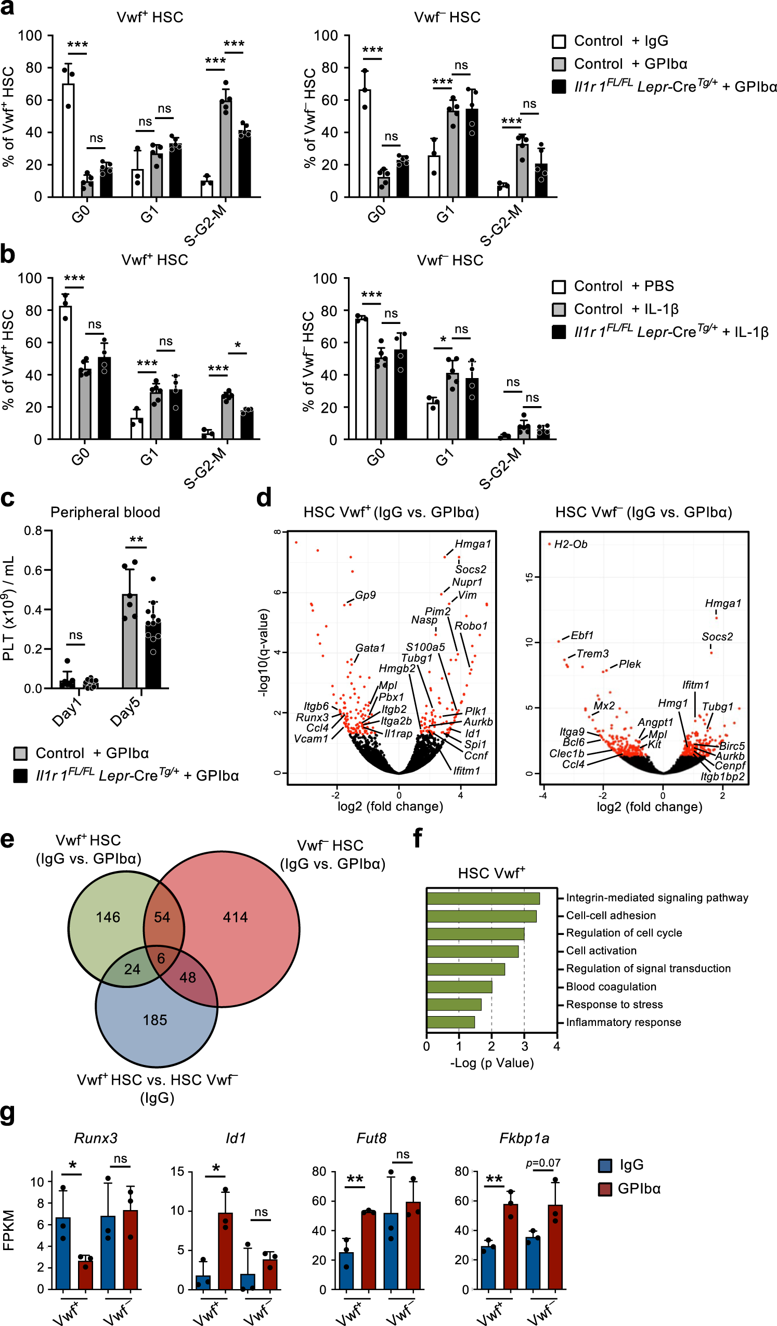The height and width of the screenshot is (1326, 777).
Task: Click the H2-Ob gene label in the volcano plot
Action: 570,544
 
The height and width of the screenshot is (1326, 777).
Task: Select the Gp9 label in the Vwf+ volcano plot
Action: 365,594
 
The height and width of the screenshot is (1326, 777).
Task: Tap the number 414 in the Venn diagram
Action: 235,917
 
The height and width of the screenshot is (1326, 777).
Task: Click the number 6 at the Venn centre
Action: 161,958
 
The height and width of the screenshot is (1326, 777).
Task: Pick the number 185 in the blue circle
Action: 155,1020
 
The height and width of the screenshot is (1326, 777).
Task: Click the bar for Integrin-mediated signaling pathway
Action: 483,898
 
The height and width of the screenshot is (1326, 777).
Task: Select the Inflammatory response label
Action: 623,1022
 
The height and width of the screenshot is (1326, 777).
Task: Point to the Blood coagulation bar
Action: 459,986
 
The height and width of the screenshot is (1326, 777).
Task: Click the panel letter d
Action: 264,497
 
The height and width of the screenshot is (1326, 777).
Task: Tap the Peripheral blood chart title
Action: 105,512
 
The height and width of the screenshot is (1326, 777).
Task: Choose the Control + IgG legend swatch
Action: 559,41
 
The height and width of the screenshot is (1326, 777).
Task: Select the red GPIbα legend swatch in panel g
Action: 605,1189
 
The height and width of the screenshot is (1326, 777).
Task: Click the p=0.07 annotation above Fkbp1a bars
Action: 543,1163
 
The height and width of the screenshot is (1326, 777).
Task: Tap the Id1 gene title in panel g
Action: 235,1138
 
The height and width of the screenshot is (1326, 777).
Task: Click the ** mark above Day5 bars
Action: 136,539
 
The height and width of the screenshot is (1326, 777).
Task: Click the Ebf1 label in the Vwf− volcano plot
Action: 581,635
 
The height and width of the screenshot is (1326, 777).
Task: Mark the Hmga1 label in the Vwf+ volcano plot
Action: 472,543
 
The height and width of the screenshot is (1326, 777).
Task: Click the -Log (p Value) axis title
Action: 491,1062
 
